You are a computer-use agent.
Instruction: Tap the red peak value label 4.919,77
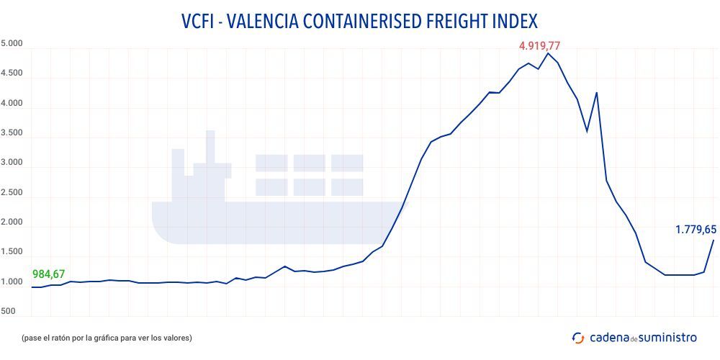tap(539, 46)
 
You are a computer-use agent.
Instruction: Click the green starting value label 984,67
tap(49, 274)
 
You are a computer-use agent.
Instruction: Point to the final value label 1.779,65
tap(696, 230)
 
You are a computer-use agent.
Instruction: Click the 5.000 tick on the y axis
tap(12, 44)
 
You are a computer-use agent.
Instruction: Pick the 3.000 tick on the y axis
tap(12, 163)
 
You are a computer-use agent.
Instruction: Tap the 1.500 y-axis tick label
tap(12, 252)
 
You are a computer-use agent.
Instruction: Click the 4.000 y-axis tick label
tap(12, 104)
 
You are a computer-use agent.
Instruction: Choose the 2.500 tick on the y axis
tap(12, 193)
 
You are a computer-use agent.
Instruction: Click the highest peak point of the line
tap(548, 53)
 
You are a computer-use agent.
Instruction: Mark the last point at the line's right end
tap(713, 240)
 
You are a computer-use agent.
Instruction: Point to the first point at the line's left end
tap(32, 287)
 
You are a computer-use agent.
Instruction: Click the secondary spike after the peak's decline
tap(596, 92)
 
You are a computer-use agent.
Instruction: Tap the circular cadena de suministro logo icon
tap(577, 337)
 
